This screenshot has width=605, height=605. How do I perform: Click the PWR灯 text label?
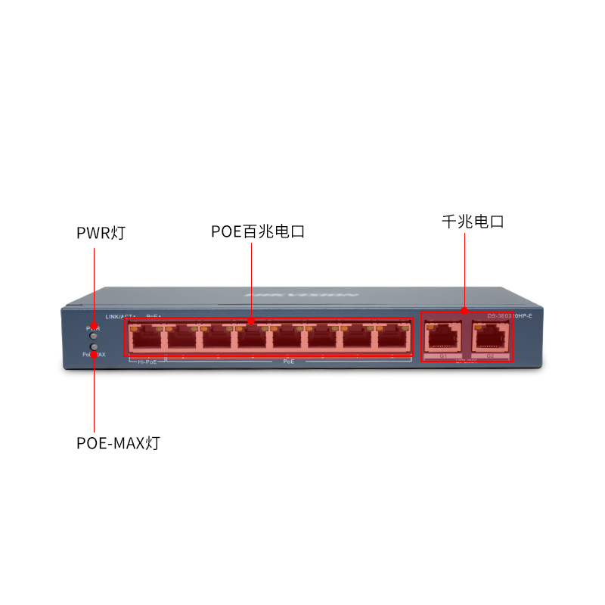[101, 233]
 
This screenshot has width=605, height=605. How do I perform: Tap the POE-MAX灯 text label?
[118, 443]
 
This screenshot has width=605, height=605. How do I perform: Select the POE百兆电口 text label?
[258, 231]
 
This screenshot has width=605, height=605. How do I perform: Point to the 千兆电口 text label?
[473, 222]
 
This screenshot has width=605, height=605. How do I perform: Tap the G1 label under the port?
[443, 355]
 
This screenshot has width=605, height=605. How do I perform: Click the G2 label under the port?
[490, 355]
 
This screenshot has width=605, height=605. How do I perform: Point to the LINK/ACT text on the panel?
[119, 315]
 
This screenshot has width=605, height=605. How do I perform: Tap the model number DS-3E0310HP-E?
[510, 315]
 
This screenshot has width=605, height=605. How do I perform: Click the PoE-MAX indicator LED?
[94, 348]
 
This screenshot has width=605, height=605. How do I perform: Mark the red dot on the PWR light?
[94, 327]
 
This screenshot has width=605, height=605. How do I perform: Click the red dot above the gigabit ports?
[464, 310]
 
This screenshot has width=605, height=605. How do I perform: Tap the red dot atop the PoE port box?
[251, 321]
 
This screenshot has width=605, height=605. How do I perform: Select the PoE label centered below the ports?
[288, 362]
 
